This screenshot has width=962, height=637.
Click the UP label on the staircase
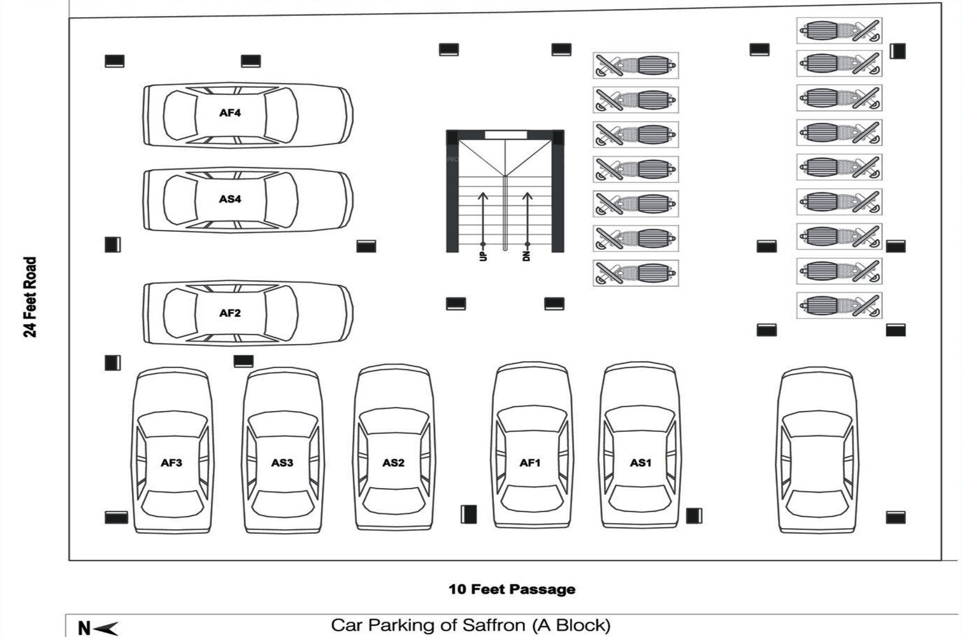click(x=483, y=255)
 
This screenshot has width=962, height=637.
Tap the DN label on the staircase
click(x=527, y=255)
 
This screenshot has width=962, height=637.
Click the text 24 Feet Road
click(x=30, y=297)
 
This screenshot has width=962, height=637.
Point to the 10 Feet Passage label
click(x=512, y=589)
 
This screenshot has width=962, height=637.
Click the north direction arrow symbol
click(x=105, y=629)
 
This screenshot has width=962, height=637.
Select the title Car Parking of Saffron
click(x=470, y=625)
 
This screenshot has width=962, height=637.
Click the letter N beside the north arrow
click(x=83, y=629)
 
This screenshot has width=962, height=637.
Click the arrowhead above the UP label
click(x=483, y=196)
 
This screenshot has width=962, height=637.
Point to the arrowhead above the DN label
click(x=528, y=196)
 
